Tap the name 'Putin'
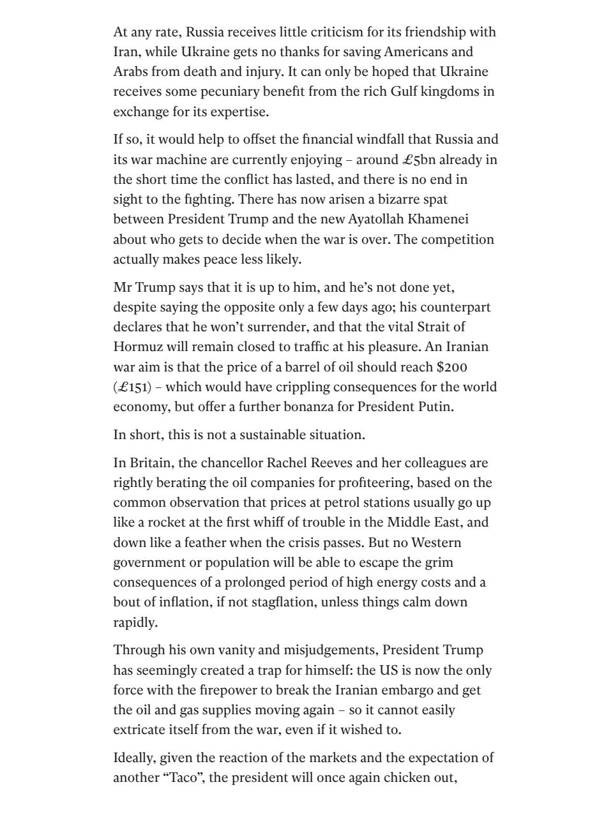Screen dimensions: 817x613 point(436,407)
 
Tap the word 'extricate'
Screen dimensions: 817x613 point(140,730)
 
